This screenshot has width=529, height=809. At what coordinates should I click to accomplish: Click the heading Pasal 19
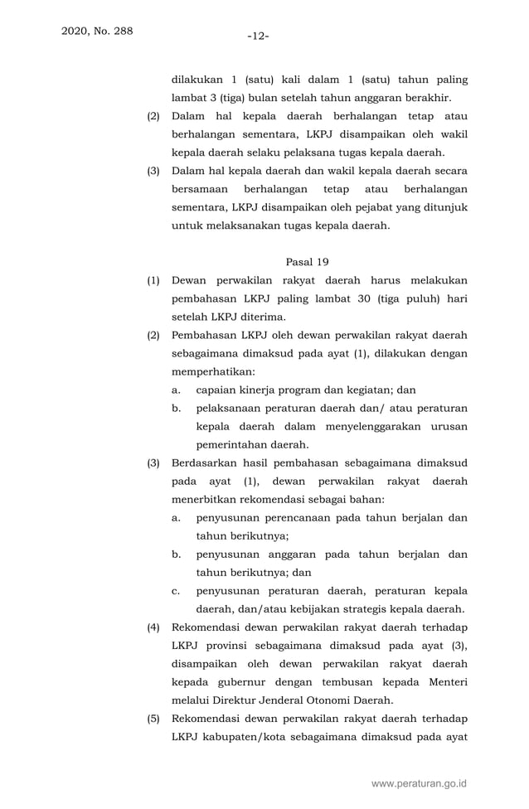307,262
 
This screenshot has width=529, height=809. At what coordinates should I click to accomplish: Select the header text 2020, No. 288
96,31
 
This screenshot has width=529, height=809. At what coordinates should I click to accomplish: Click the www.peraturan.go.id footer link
420,782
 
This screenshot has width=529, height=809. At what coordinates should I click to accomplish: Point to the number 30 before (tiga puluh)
366,298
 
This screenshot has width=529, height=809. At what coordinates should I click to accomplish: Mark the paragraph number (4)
153,627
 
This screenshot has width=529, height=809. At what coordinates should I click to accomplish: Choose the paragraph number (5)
153,718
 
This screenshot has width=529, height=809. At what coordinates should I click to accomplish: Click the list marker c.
176,591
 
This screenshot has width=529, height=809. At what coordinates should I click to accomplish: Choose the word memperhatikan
213,371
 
